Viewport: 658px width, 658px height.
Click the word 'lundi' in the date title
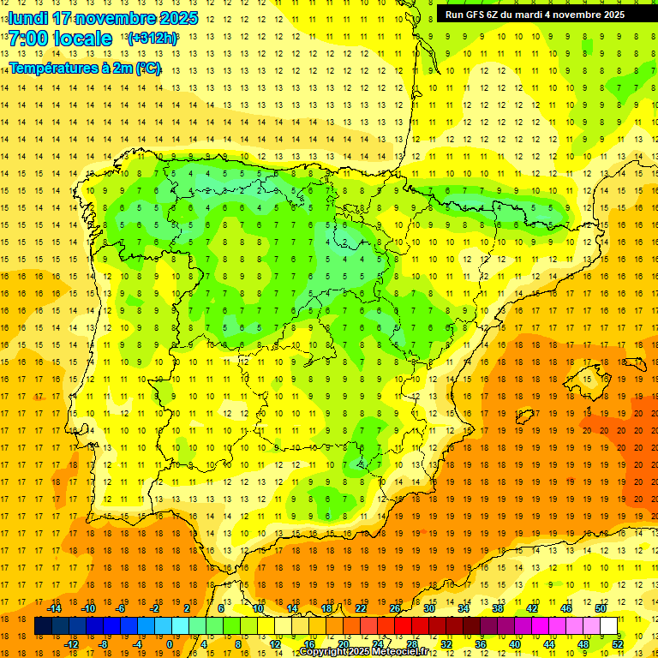click(28, 18)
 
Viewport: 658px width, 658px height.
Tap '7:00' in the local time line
click(27, 39)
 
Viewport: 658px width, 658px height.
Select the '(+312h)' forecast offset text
click(152, 39)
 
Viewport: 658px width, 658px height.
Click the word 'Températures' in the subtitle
click(52, 67)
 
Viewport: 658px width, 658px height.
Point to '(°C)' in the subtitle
click(147, 67)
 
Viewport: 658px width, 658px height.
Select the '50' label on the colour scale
click(601, 608)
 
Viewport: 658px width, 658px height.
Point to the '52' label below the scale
click(618, 644)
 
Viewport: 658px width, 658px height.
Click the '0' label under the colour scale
click(170, 644)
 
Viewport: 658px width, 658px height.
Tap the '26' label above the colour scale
click(395, 608)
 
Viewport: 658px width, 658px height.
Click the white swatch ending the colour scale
click(609, 626)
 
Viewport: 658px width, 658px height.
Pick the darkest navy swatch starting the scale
click(44, 626)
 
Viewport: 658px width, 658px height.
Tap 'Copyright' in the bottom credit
click(322, 652)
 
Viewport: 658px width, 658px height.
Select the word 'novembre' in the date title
click(115, 18)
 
